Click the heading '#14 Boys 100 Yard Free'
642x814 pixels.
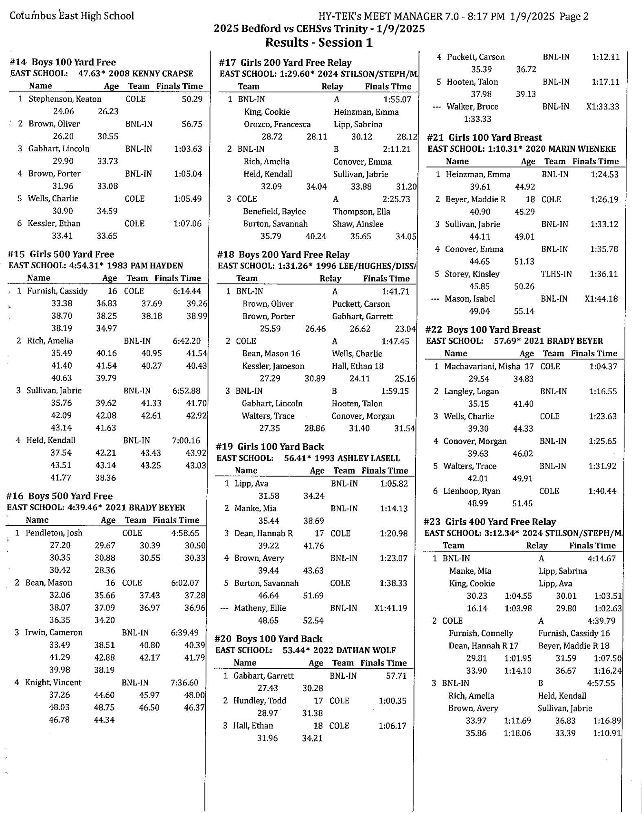click(63, 62)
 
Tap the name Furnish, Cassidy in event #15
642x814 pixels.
click(57, 291)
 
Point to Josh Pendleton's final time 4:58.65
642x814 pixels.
click(185, 533)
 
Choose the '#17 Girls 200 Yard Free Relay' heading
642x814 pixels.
click(285, 63)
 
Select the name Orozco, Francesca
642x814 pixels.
click(277, 124)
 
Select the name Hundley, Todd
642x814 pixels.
click(260, 701)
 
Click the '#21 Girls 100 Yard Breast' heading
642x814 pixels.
click(484, 137)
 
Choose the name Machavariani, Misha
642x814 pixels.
click(482, 367)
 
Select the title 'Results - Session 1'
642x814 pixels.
click(319, 42)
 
